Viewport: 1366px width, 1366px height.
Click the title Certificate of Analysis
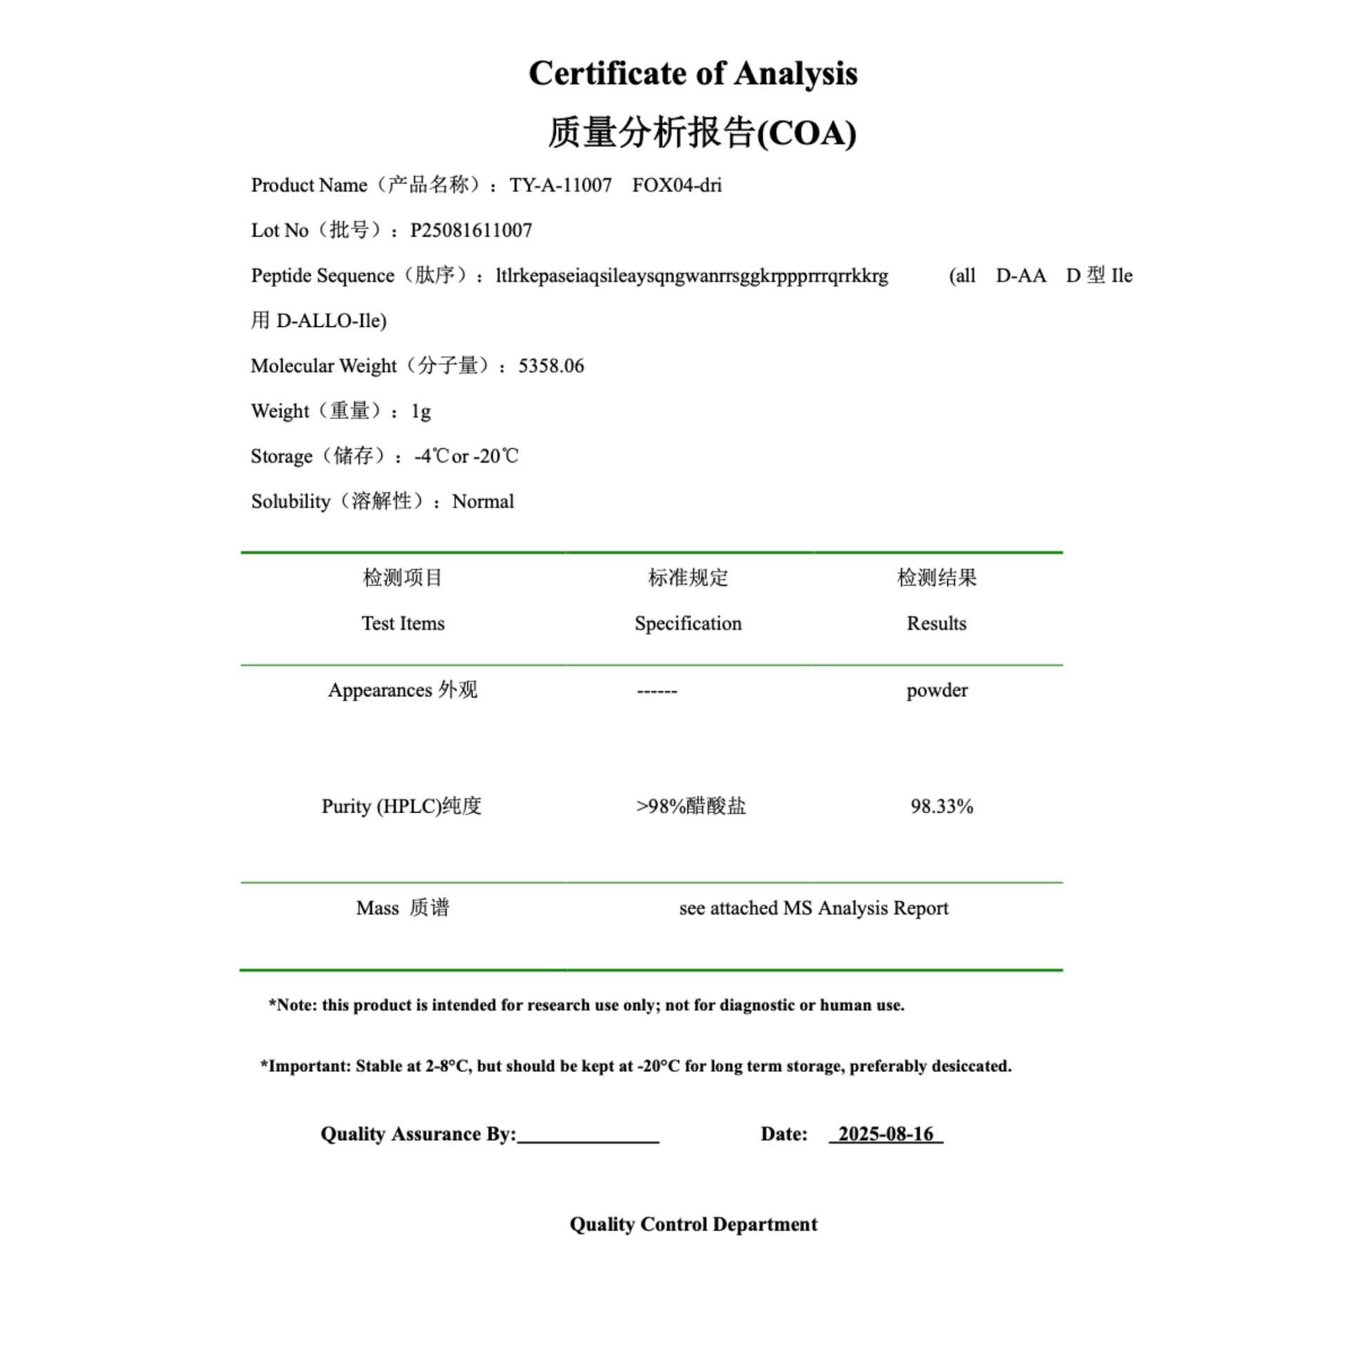693,74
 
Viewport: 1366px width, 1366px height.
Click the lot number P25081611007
471,230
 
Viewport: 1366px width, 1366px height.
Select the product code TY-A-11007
560,185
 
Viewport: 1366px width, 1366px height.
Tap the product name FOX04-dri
677,185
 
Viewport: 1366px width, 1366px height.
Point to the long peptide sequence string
691,276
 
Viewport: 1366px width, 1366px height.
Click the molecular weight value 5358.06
551,366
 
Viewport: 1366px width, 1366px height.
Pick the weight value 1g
420,411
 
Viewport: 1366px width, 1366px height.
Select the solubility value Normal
483,502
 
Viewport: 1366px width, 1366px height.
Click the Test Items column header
403,623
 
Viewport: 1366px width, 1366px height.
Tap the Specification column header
688,623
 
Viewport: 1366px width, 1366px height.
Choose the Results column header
936,623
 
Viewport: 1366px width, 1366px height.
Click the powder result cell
937,690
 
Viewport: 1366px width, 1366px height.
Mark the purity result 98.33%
942,806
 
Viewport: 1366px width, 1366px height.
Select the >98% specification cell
691,806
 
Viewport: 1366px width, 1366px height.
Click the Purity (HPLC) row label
402,806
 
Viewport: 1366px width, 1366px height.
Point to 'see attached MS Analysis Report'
813,908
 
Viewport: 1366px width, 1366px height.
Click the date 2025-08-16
886,1134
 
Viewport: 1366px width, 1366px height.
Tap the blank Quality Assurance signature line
588,1136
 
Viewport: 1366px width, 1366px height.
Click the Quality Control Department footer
693,1225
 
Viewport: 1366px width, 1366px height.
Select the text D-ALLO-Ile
331,321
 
